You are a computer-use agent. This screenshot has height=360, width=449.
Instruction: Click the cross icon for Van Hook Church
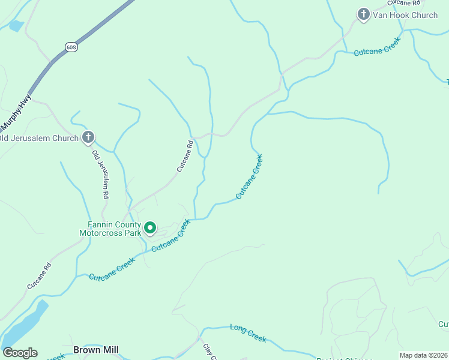click(363, 14)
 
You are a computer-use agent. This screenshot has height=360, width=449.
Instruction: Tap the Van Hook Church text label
click(405, 15)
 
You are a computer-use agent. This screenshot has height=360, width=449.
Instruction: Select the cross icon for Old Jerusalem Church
click(88, 138)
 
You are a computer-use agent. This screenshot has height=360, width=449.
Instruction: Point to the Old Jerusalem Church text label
click(40, 139)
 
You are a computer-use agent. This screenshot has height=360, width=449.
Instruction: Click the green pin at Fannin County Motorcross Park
click(149, 229)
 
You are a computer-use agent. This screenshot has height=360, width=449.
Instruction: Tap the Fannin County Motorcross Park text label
click(110, 228)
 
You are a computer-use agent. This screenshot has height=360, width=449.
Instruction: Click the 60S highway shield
click(71, 46)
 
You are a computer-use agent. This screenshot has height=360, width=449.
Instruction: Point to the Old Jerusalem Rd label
click(100, 174)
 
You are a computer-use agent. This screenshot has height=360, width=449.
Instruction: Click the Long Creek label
click(248, 333)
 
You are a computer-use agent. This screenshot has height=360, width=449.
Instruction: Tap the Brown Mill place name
click(95, 349)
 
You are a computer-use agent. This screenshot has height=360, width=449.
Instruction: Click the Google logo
click(20, 353)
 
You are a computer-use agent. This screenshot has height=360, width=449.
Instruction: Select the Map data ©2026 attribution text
click(424, 355)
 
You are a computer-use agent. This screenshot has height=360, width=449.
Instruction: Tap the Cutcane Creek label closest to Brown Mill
click(112, 269)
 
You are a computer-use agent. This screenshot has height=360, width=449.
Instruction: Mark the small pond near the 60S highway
click(16, 26)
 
